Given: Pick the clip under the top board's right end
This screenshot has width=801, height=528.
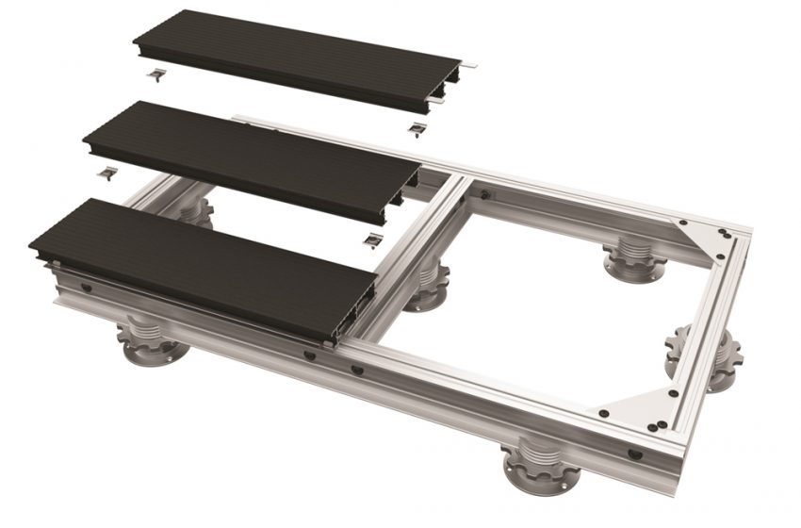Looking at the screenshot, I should click(x=417, y=127).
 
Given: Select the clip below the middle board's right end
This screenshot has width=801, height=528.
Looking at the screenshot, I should click(x=374, y=239).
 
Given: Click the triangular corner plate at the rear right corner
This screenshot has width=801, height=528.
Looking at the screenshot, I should click(x=703, y=232).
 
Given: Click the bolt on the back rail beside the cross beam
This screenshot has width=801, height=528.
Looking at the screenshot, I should click(x=484, y=194).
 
